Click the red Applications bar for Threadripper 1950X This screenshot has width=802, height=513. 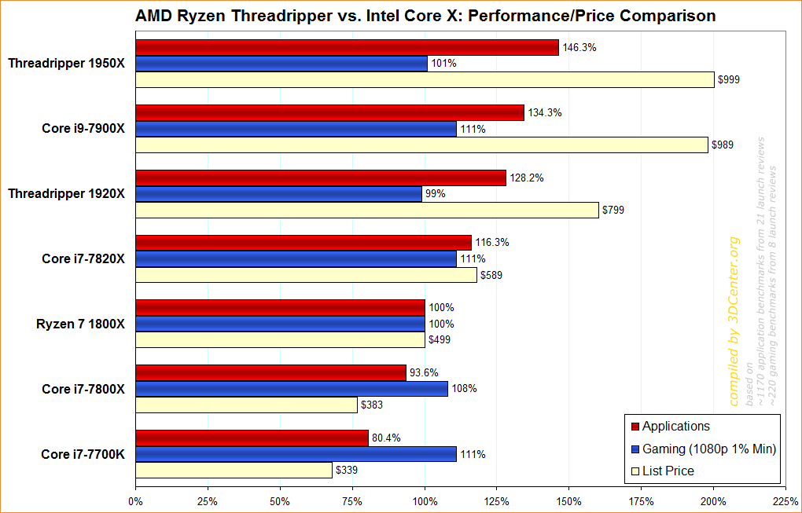(347, 48)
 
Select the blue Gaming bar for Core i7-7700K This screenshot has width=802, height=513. (296, 454)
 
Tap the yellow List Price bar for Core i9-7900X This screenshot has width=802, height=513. (421, 145)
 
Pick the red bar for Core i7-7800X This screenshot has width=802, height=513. (270, 372)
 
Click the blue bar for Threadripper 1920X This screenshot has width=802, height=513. (278, 194)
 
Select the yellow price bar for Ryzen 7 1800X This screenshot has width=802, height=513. (280, 340)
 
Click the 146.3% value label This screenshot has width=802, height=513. (579, 48)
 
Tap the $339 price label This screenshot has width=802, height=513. (348, 471)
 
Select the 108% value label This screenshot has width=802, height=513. (464, 389)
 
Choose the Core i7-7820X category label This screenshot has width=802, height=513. (83, 258)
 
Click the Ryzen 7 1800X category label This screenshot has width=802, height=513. (80, 324)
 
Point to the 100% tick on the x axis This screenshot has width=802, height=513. (425, 500)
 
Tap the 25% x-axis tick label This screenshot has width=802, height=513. (208, 500)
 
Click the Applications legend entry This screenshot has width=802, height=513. (675, 427)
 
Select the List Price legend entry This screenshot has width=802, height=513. (668, 471)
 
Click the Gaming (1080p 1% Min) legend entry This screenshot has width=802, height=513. (708, 449)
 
